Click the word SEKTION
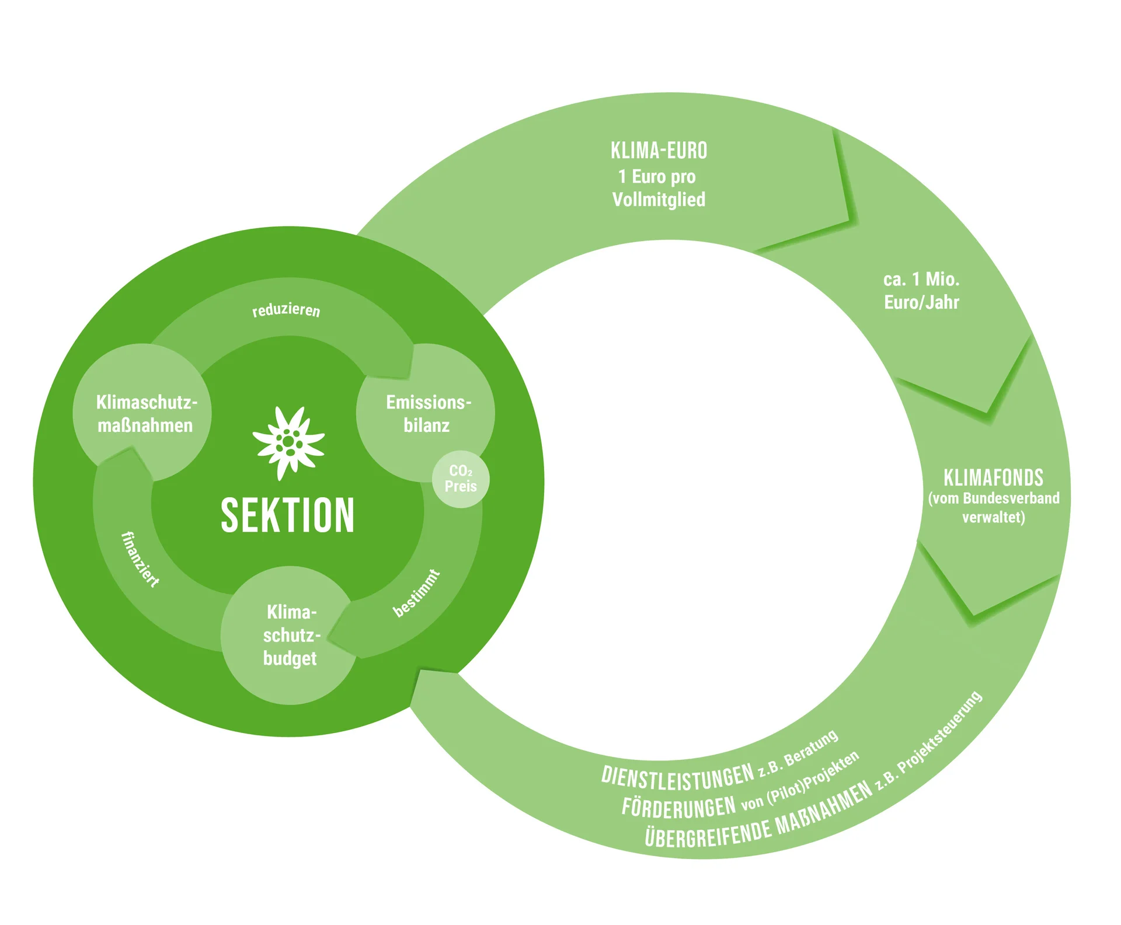[x=287, y=515]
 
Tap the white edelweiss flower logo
[x=288, y=442]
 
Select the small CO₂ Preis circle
[x=461, y=479]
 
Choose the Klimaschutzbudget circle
[x=290, y=635]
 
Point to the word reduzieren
[x=286, y=310]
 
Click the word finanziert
[x=140, y=559]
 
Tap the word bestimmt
[x=416, y=593]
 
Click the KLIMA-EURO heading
[x=659, y=151]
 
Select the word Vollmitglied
[x=659, y=200]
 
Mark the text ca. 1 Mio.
[x=921, y=279]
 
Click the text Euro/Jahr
[x=921, y=302]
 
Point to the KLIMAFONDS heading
[x=993, y=478]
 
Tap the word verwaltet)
[x=993, y=517]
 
